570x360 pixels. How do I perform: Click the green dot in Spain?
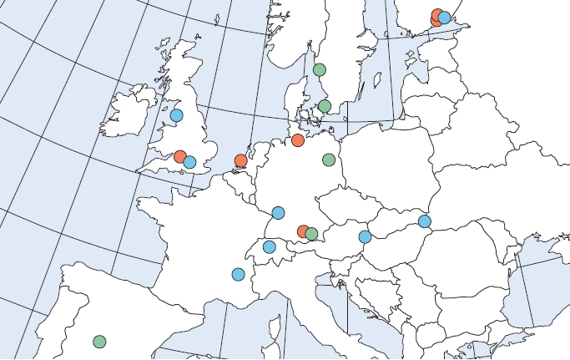click(99, 342)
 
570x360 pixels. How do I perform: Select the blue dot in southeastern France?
click(238, 274)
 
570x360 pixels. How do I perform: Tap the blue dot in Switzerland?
click(269, 246)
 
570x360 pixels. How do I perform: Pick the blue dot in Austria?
click(365, 236)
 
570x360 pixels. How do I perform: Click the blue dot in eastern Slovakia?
click(425, 221)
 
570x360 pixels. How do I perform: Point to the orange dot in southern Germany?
click(303, 231)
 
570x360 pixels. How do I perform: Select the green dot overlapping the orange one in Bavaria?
click(311, 234)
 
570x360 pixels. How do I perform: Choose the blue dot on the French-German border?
click(278, 213)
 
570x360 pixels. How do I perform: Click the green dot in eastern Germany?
click(329, 160)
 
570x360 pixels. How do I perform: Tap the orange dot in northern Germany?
click(297, 139)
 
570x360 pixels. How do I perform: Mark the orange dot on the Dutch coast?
click(241, 160)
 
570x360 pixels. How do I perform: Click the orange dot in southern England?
click(179, 156)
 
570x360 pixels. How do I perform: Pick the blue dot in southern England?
click(189, 162)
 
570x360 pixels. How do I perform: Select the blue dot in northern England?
click(176, 115)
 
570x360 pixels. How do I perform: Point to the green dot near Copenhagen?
click(325, 106)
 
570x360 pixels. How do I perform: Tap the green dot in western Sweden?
click(319, 69)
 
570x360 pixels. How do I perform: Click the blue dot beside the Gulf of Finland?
click(444, 17)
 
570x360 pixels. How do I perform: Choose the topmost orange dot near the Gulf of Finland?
click(436, 13)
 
